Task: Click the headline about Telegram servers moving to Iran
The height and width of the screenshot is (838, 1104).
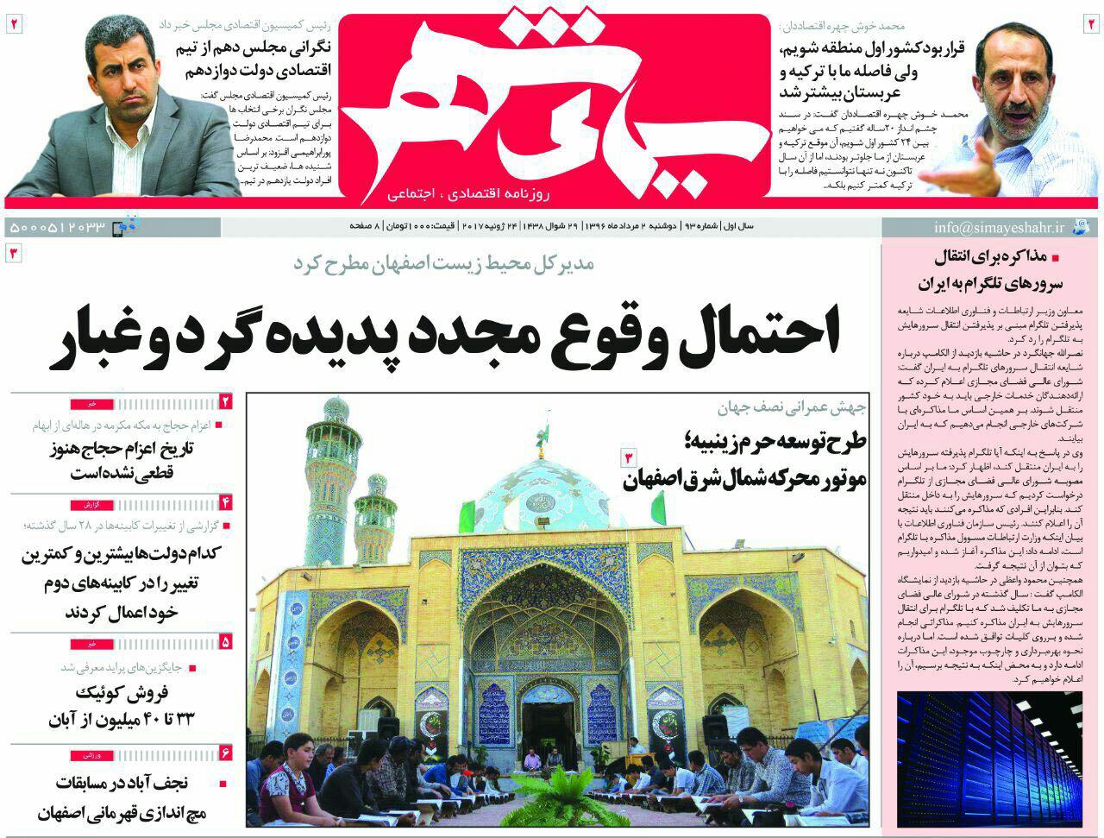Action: (1000, 270)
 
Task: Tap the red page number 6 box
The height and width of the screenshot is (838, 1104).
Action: (226, 753)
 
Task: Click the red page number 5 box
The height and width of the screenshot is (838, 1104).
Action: (226, 641)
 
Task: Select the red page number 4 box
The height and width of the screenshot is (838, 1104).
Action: (226, 501)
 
